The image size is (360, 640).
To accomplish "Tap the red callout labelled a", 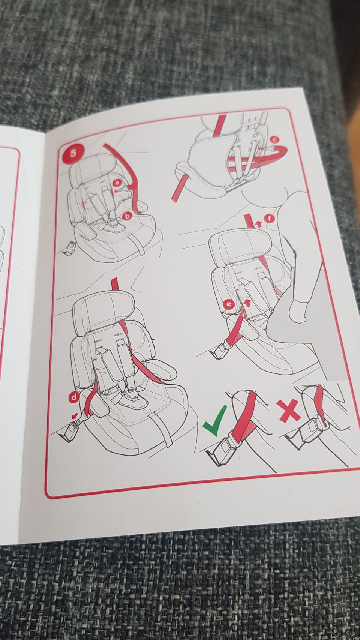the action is pyautogui.click(x=117, y=183).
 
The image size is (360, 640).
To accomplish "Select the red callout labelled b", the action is pyautogui.click(x=127, y=216).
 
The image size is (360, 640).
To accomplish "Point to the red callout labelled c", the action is pyautogui.click(x=274, y=140).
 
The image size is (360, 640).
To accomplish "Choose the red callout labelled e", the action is pyautogui.click(x=229, y=304).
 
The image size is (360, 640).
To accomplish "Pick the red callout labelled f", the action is pyautogui.click(x=269, y=219).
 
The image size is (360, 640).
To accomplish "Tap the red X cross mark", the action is pyautogui.click(x=288, y=411).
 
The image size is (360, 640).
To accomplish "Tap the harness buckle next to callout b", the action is pyautogui.click(x=115, y=224).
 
